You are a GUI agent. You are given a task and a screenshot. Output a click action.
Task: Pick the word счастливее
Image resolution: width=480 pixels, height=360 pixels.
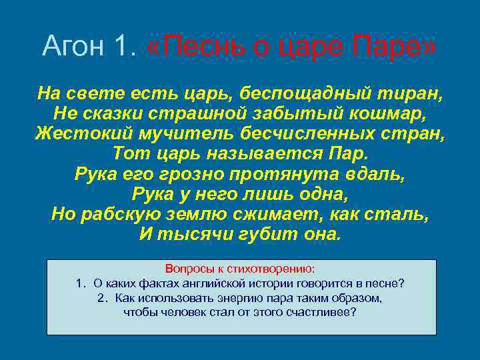point(321,311)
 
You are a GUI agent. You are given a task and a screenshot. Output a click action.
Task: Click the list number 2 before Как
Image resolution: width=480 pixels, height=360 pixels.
point(101,297)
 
